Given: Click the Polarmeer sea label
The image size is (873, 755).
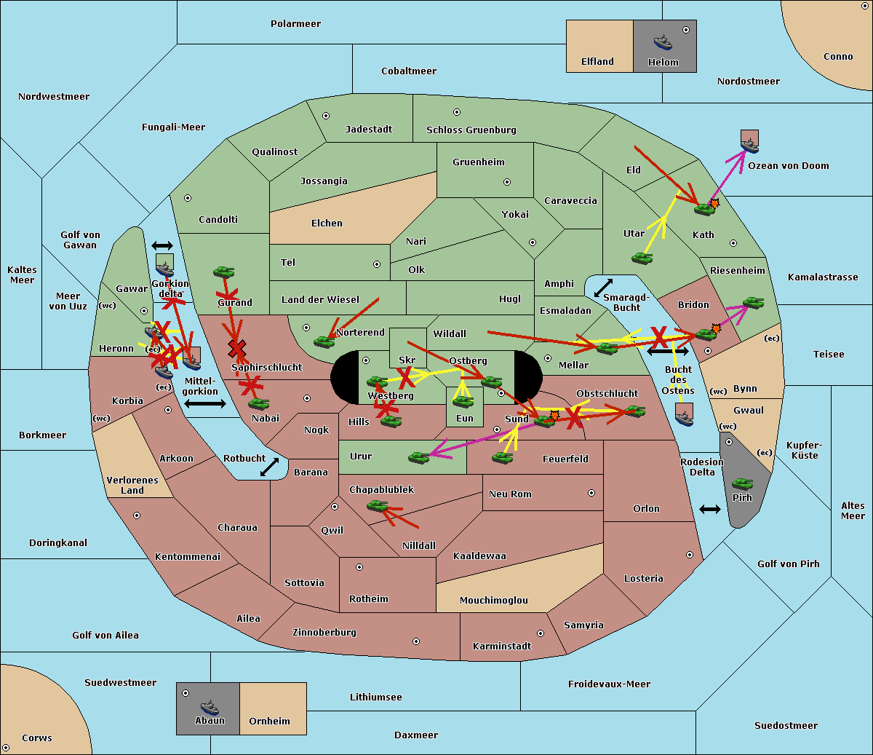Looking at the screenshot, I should point(295,24).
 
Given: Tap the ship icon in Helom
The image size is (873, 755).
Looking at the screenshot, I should point(663,42).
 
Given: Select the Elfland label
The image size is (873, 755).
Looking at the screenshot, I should point(597,62).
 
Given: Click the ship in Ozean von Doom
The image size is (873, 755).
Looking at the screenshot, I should point(749,145).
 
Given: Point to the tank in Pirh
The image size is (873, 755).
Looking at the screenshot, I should point(742,484).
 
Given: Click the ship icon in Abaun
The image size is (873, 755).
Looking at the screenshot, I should point(210,707).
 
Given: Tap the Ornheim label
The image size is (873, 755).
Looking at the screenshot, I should point(269,722).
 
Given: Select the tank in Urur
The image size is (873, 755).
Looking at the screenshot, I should point(418,457).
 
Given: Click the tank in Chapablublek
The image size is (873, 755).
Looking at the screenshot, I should point(377,505).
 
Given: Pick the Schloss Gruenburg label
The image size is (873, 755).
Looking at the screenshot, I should point(471,130).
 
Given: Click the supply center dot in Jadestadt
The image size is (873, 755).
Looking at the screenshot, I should point(326,115).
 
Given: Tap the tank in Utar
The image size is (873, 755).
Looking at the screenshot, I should point(642,258).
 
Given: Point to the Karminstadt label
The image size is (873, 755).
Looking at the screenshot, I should point(502,647).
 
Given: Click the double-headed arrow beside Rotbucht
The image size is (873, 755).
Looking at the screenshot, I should point(269,467).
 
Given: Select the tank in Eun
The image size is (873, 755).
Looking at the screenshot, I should point(463,401).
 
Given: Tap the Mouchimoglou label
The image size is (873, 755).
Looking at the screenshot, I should point(493,601).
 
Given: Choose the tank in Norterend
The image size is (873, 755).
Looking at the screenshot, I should point(324,341).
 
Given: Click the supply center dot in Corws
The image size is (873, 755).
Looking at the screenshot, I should point(6,748).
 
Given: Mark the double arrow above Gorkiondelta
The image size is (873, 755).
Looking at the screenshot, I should point(162,246).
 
